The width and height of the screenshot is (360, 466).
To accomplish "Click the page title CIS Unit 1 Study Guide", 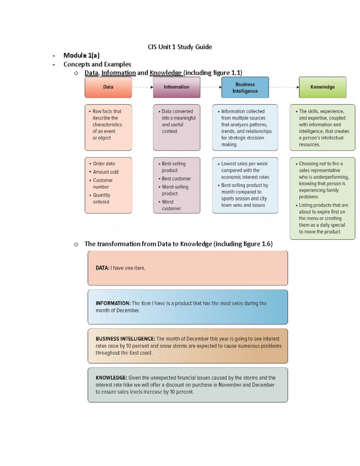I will [180, 47].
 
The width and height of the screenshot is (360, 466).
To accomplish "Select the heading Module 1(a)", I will [81, 56].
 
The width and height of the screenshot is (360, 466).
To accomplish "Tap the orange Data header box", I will [108, 87].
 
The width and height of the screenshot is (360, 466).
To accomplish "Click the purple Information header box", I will [176, 87].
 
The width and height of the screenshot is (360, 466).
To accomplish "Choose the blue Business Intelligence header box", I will [245, 88].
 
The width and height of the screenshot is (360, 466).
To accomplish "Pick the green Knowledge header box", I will [322, 87].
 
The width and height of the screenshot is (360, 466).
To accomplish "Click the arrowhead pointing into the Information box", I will [152, 87].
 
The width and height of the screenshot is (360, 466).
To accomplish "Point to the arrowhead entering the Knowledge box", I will [298, 87].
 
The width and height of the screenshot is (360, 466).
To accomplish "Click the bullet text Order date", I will [104, 164].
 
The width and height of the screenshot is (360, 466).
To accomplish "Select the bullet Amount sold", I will [106, 172].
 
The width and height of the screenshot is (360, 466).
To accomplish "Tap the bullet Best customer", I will [176, 179].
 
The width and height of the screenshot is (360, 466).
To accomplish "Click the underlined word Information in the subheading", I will [118, 73].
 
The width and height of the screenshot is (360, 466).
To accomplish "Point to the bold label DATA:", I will [102, 268].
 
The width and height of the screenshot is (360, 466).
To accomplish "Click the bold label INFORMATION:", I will [113, 303].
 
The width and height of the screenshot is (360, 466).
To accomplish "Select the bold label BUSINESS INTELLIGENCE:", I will [125, 339].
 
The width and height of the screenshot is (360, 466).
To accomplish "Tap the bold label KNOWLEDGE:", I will [111, 378].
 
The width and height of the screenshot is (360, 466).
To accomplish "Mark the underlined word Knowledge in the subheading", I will [166, 73].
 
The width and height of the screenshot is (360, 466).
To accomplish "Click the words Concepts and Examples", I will [97, 64].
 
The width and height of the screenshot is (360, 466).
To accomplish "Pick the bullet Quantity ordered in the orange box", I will [101, 198].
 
